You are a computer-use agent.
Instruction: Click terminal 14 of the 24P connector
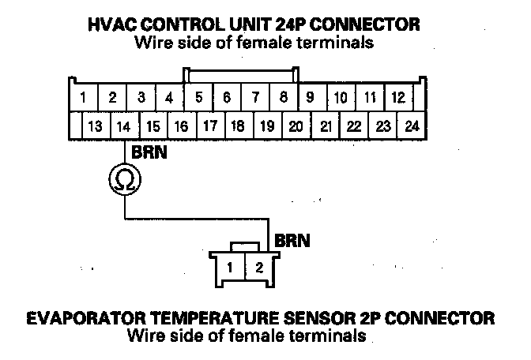(122, 126)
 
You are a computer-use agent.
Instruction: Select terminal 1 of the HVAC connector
(84, 98)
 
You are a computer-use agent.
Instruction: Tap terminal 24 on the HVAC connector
(412, 126)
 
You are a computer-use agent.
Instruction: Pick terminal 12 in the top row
(398, 98)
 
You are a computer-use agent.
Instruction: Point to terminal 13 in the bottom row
(94, 126)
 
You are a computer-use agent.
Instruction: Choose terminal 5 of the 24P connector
(198, 98)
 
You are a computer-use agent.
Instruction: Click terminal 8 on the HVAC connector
(283, 98)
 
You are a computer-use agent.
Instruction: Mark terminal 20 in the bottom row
(296, 126)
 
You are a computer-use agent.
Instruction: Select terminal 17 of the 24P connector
(209, 126)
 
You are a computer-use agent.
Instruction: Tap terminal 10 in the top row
(341, 98)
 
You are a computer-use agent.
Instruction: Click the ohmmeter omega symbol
(125, 181)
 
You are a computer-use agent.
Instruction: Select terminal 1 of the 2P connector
(229, 266)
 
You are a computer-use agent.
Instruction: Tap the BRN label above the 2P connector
(289, 238)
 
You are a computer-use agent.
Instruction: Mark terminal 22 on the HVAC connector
(354, 126)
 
